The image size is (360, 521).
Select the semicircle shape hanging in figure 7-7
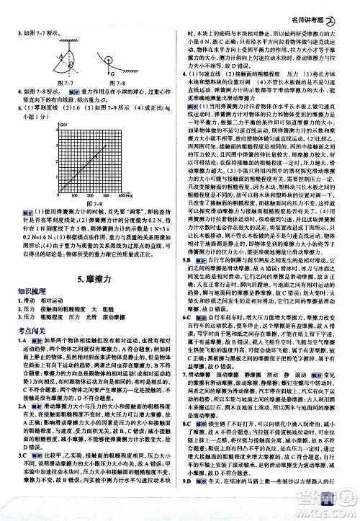click(x=69, y=61)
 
